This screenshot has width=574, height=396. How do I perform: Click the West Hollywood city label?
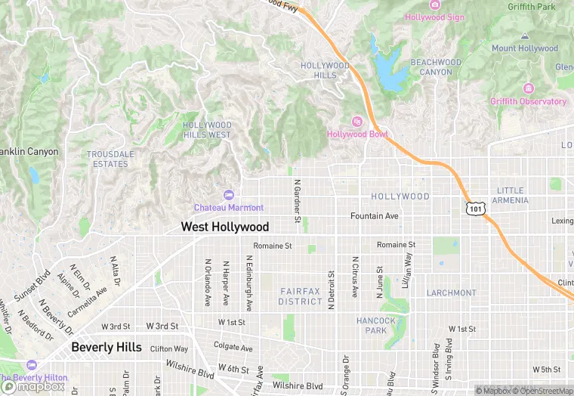[224, 227]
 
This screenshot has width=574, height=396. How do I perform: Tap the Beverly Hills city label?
[106, 347]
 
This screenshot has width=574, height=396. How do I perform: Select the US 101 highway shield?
[474, 208]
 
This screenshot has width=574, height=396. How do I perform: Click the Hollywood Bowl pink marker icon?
[357, 122]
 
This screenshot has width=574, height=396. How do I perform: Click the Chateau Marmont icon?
[229, 195]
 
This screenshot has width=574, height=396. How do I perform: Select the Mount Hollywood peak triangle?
[524, 36]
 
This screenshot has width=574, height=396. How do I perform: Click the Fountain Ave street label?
[374, 216]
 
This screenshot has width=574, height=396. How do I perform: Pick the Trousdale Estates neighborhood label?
[110, 159]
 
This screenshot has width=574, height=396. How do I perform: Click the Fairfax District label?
[301, 296]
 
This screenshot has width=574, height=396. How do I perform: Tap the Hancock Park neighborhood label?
[375, 325]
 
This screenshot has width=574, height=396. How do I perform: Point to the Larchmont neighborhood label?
[451, 292]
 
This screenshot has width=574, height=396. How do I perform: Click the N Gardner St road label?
[297, 201]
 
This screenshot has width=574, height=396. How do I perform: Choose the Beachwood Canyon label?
[436, 67]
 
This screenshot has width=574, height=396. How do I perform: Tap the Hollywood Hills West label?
[207, 130]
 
